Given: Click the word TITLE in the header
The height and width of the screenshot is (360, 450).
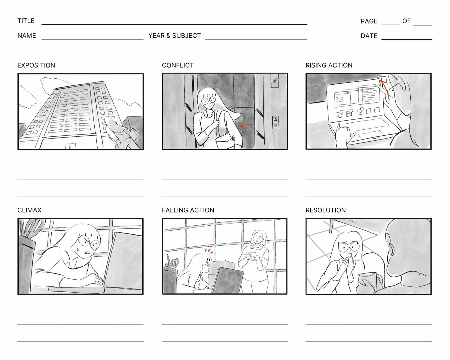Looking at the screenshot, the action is tap(26, 21).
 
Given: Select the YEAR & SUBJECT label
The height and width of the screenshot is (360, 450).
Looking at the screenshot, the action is tap(175, 36).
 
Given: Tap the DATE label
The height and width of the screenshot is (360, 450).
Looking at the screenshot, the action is tap(369, 36).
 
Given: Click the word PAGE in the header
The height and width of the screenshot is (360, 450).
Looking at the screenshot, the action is tap(369, 21).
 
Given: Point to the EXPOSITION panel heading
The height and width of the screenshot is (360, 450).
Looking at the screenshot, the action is tap(36, 65).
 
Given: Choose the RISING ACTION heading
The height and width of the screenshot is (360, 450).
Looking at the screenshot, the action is tap(329, 65).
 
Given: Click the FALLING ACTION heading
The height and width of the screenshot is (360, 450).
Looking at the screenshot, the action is tap(188, 210).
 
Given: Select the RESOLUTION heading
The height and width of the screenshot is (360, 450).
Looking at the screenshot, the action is tap(326, 210).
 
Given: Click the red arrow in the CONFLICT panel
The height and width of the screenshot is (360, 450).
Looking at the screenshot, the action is tap(246, 125).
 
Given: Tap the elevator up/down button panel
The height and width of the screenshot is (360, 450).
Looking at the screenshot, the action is tap(276, 122).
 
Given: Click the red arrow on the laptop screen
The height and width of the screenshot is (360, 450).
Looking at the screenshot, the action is tap(384, 89).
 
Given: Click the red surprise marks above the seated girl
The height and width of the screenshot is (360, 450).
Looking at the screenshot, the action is tap(209, 251).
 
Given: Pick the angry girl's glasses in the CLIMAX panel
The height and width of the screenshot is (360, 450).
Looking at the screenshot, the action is tap(89, 242).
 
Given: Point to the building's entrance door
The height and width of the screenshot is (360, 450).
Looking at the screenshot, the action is tap(70, 146).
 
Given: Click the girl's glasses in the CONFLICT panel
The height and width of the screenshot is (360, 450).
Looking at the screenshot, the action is tap(208, 101).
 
